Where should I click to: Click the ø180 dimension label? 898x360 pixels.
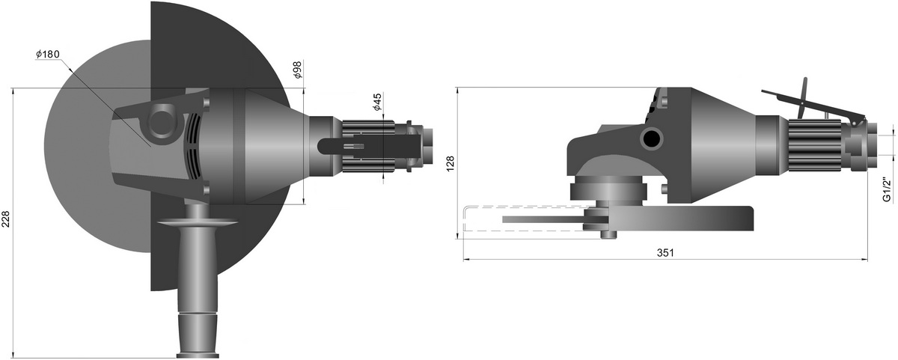point(47,54)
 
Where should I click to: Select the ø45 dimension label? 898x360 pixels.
point(377,102)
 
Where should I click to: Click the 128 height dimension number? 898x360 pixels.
point(450,164)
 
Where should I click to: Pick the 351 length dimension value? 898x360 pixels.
point(665,253)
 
